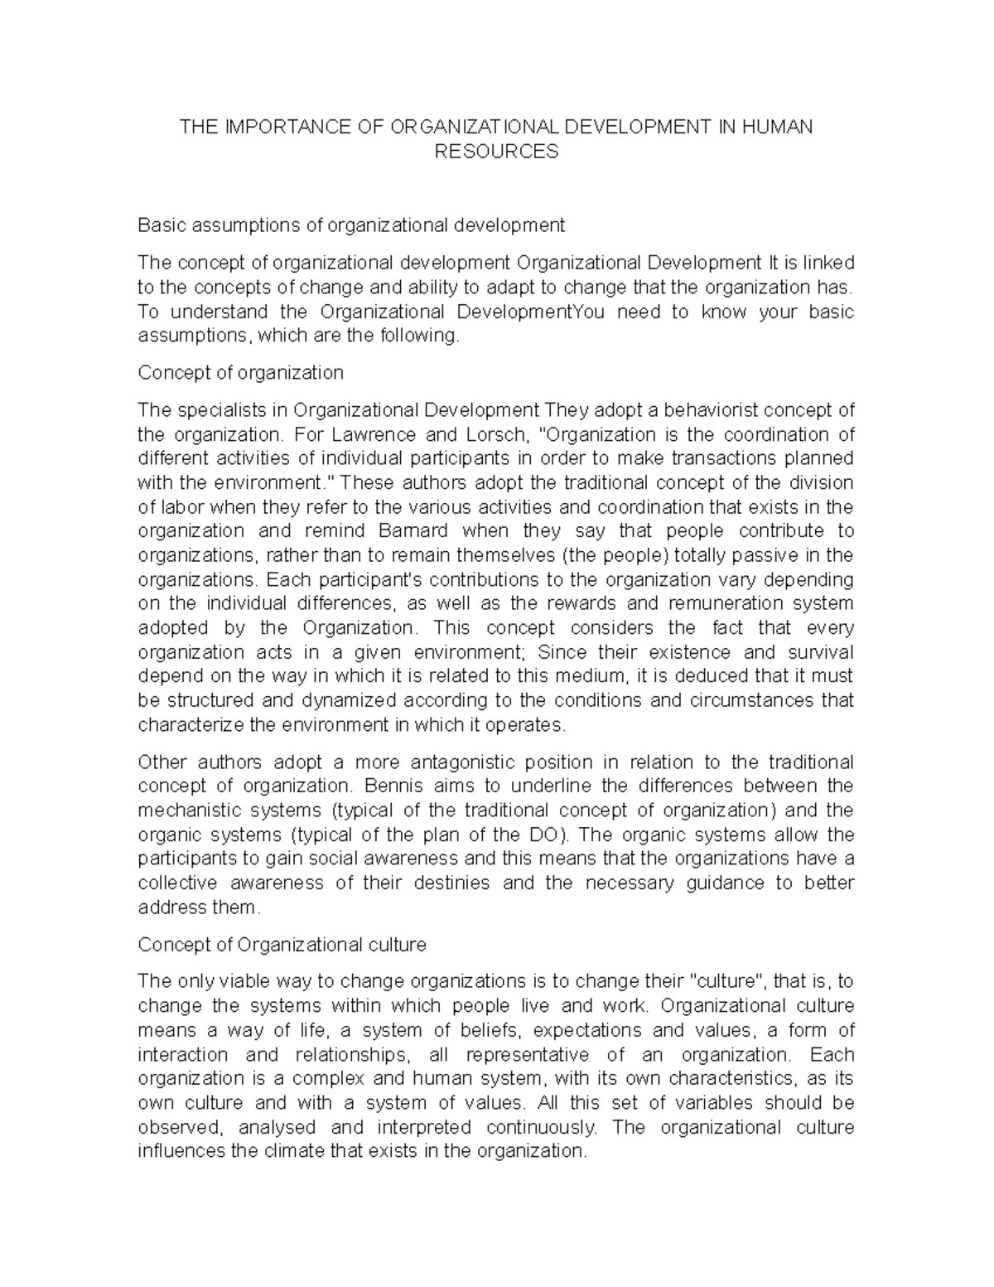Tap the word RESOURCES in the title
point(497,152)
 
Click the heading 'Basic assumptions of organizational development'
point(351,225)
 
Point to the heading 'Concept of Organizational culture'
point(282,945)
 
